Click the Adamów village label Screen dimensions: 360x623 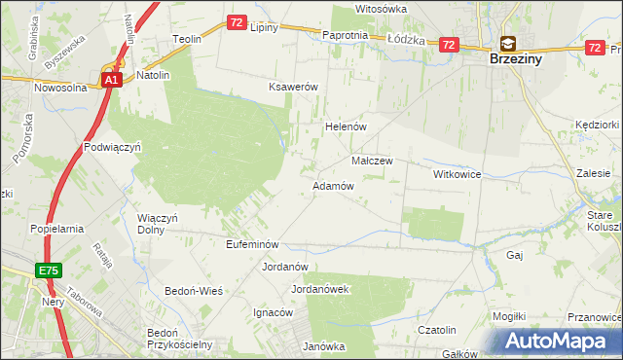332,185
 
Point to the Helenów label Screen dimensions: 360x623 344,126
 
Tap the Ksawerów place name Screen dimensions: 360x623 294,87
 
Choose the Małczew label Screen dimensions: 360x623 371,161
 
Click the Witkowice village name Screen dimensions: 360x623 458,173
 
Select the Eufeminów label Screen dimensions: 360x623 252,244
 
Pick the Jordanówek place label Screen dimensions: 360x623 320,289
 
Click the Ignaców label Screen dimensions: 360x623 273,312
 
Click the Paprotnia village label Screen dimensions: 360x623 345,35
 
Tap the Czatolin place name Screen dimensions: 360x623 437,330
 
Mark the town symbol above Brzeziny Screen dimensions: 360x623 508,43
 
